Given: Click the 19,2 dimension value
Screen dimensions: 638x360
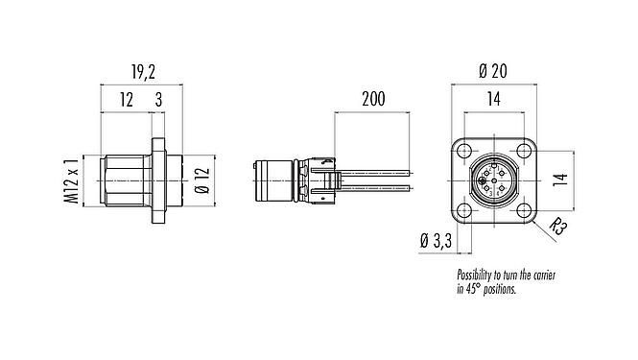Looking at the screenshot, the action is point(143,72).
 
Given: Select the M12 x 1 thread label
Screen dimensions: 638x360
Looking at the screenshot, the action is point(72,180).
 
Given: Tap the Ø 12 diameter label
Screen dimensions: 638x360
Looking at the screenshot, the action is point(202,180).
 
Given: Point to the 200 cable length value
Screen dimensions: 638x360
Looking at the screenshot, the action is point(373,99).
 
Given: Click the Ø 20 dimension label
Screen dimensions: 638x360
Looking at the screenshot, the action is point(493,71).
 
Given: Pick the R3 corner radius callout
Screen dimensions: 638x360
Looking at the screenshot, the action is point(557,228).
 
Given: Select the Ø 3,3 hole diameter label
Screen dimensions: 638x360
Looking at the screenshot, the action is point(436,241).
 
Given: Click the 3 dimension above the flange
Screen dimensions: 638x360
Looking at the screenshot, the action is point(158,100).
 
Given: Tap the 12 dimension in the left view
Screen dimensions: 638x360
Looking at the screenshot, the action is point(127,100).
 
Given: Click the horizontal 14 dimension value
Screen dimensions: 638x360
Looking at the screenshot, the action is point(493,99).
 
